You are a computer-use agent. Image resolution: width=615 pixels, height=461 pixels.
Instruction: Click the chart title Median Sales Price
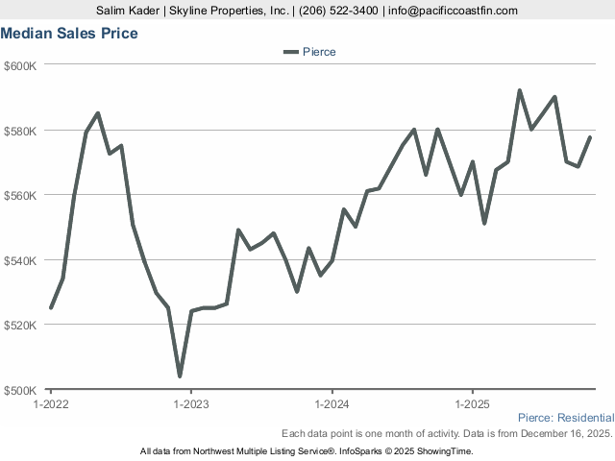coord(69,34)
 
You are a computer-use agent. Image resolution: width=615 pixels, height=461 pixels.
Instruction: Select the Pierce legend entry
coord(309,51)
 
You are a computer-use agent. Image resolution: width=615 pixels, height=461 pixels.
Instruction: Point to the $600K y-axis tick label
coord(20,65)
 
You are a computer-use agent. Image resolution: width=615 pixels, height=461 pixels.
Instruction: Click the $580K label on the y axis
coord(20,131)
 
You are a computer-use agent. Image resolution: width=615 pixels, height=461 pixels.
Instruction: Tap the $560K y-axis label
coord(20,195)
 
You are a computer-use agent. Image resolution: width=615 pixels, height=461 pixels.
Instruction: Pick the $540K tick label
coord(20,260)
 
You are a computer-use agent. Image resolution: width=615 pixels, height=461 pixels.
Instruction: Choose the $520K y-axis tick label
coord(20,325)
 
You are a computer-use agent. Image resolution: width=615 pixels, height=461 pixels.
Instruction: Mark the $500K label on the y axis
coord(20,390)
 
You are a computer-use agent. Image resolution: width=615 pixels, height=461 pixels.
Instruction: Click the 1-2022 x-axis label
coord(50,404)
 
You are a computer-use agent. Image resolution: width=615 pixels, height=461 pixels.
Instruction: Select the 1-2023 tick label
coord(190,404)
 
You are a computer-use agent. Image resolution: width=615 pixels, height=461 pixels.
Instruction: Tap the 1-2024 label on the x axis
coord(332,404)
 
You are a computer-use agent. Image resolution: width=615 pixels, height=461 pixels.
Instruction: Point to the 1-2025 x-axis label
coord(472,404)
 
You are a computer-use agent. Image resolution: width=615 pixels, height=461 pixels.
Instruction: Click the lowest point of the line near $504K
coord(180,376)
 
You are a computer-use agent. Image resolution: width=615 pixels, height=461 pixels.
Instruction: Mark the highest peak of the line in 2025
coord(520,90)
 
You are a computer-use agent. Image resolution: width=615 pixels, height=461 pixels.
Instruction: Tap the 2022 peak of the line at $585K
coord(98,113)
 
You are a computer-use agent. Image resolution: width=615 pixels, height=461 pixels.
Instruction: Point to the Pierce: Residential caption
coord(565,418)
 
